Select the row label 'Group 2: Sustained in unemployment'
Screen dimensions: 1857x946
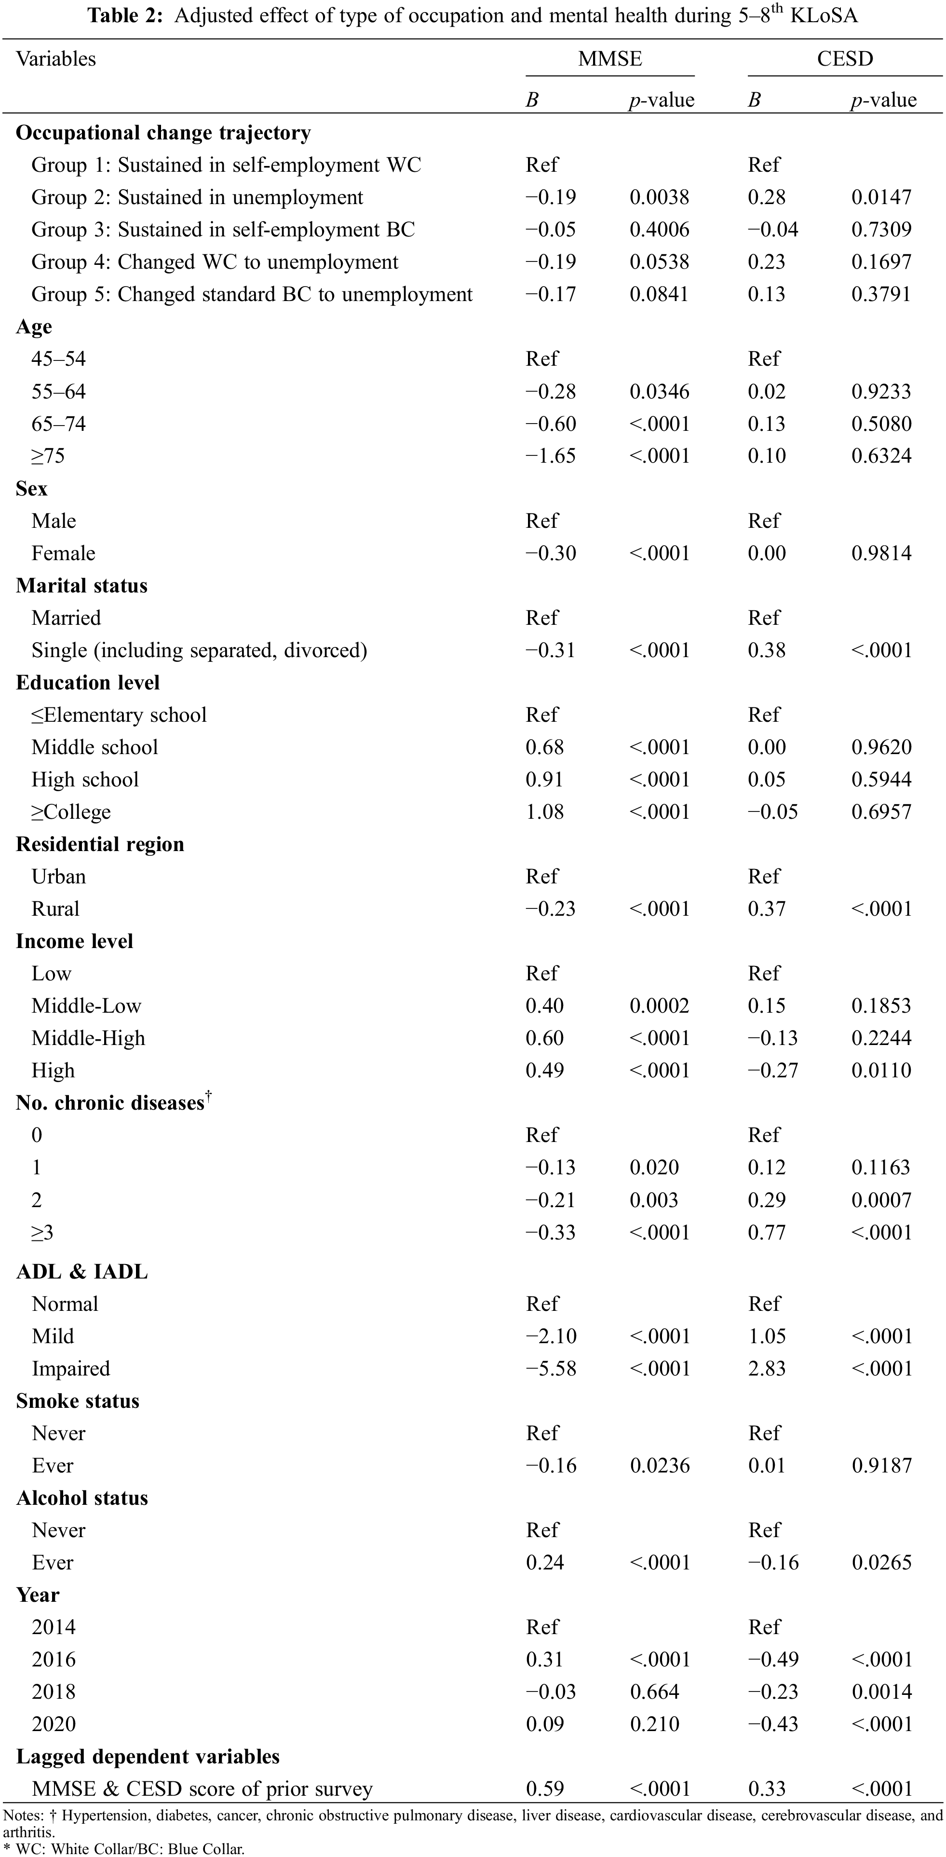click(x=197, y=197)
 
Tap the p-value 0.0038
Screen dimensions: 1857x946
click(x=659, y=197)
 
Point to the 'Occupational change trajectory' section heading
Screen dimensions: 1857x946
click(x=163, y=133)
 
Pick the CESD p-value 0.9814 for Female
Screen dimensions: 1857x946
click(x=881, y=554)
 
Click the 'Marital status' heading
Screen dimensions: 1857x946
click(x=81, y=586)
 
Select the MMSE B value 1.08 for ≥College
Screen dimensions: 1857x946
click(x=545, y=812)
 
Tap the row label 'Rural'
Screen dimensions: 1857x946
click(x=55, y=909)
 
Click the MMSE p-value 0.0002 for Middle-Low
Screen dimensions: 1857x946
click(x=659, y=1006)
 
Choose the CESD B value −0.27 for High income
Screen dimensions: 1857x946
click(x=773, y=1071)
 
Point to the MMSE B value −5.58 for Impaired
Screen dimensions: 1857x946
click(x=551, y=1369)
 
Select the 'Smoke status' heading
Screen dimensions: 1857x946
click(x=78, y=1402)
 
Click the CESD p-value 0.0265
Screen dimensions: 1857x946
click(x=882, y=1563)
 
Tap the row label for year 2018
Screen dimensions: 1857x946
click(x=54, y=1692)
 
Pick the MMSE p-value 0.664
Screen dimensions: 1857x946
click(x=654, y=1692)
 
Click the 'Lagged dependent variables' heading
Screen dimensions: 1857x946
click(x=148, y=1757)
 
